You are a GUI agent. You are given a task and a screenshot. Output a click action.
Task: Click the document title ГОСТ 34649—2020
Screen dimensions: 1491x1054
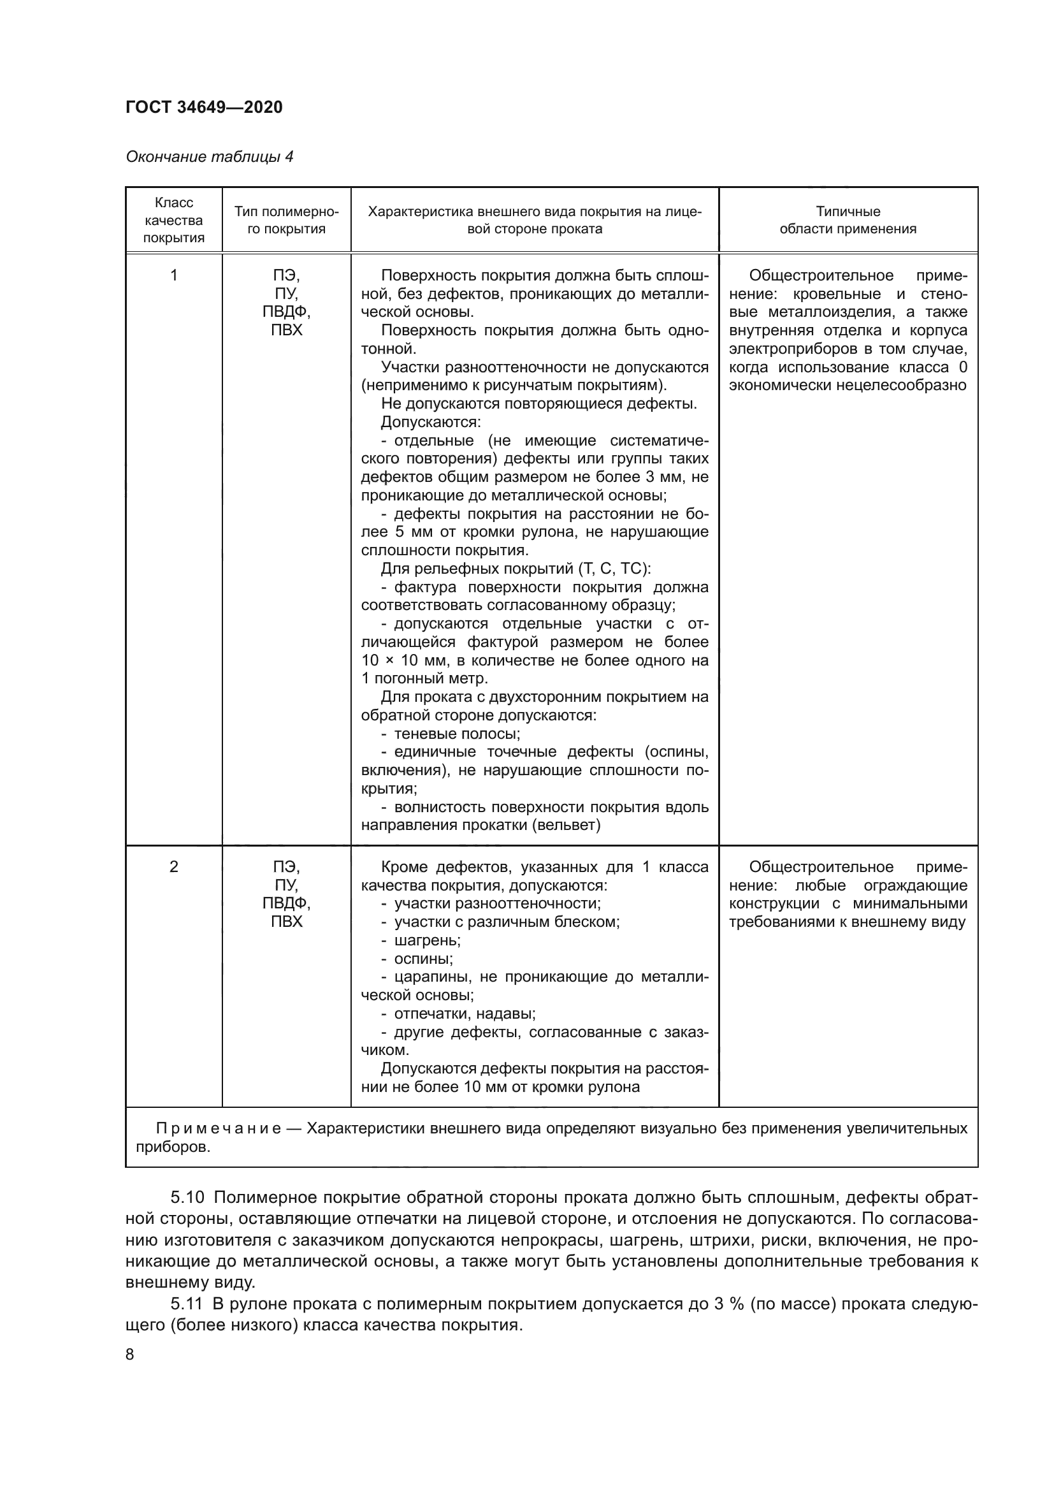click(204, 107)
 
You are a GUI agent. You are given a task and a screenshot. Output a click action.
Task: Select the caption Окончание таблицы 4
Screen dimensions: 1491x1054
click(209, 157)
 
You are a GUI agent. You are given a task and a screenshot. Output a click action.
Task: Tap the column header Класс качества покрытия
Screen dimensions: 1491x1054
click(173, 220)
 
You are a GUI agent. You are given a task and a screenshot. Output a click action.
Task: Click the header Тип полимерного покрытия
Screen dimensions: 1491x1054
click(286, 220)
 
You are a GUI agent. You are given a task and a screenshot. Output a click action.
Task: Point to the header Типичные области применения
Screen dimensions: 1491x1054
click(848, 220)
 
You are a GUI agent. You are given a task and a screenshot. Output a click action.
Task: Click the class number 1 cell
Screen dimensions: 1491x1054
click(173, 275)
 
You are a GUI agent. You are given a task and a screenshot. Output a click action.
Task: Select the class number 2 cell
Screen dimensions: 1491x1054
click(173, 867)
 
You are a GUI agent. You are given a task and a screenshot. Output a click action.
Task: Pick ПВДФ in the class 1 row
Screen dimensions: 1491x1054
click(286, 312)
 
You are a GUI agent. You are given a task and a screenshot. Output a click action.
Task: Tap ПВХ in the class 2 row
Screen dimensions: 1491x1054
click(286, 922)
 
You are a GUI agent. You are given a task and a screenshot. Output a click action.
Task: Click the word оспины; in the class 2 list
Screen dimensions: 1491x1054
click(423, 959)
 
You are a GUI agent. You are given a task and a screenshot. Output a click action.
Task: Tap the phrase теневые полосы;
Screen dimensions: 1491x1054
click(457, 734)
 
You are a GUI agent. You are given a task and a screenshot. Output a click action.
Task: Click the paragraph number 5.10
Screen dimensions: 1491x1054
click(187, 1198)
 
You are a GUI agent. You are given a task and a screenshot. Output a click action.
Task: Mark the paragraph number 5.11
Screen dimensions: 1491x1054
click(187, 1304)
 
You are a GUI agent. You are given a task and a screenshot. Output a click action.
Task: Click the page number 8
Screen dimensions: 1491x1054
click(130, 1355)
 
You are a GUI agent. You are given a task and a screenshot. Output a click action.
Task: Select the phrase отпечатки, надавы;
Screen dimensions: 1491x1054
click(465, 1014)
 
